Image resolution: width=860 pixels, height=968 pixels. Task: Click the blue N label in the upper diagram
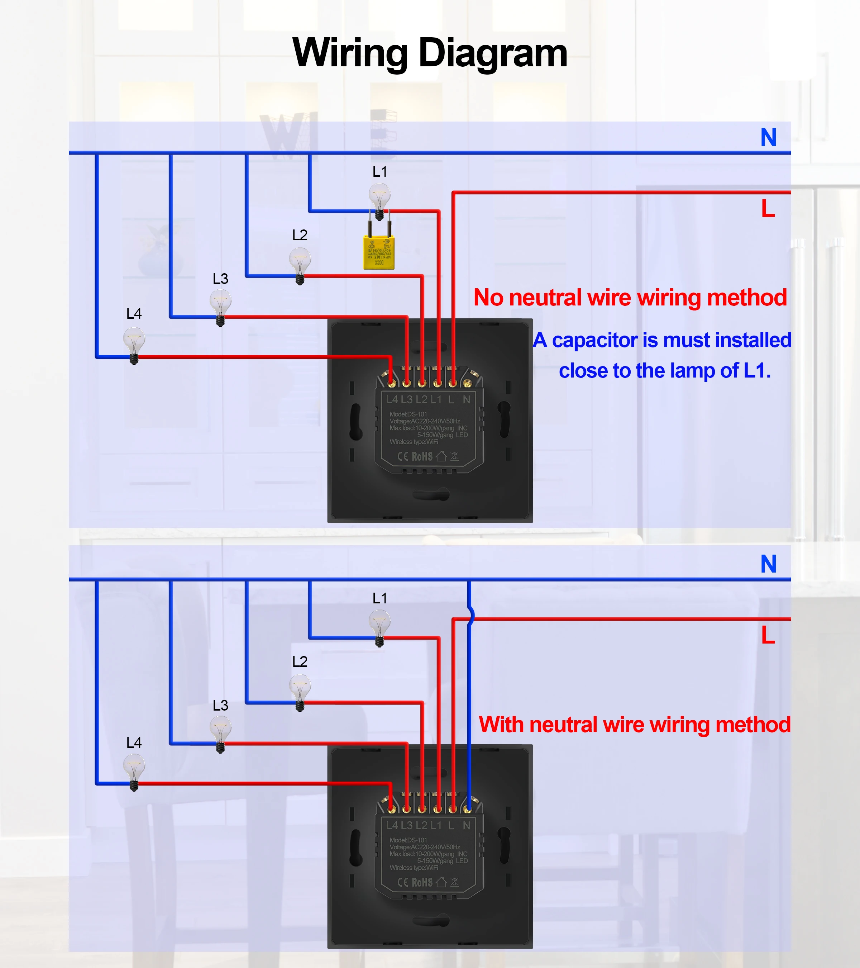point(768,138)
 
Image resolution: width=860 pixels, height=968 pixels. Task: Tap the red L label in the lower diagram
point(768,635)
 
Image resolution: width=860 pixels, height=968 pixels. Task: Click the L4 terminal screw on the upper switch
point(391,383)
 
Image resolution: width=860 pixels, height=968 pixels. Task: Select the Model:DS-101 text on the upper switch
point(408,414)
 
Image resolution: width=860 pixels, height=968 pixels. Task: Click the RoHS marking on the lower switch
point(422,882)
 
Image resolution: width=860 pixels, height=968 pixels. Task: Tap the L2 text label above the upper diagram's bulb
point(300,235)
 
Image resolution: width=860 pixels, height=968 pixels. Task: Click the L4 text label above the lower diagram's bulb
point(134,742)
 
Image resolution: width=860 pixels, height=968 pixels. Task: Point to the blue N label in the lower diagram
point(768,564)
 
